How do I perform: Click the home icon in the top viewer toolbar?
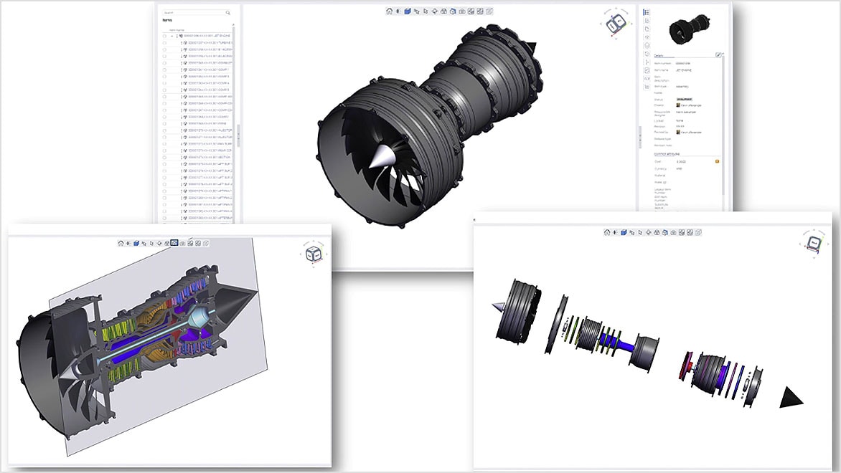coord(389,11)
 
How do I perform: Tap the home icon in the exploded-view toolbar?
coord(606,232)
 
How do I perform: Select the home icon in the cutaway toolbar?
coord(121,243)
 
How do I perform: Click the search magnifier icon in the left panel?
coord(228,13)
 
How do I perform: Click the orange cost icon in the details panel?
coord(716,162)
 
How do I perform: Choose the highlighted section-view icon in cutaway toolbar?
coord(174,243)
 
